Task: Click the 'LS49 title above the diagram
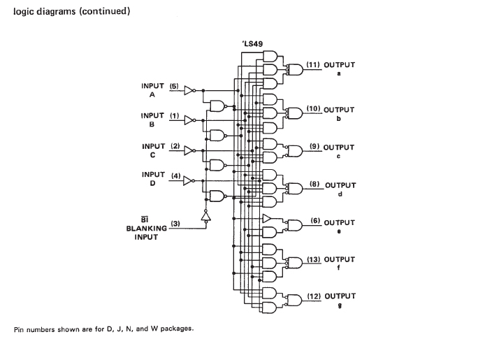pyautogui.click(x=253, y=44)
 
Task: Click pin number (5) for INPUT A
pyautogui.click(x=174, y=87)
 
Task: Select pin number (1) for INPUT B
pyautogui.click(x=174, y=116)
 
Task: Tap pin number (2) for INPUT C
pyautogui.click(x=174, y=147)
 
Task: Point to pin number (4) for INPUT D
pyautogui.click(x=174, y=175)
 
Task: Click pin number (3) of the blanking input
pyautogui.click(x=175, y=224)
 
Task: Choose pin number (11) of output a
pyautogui.click(x=313, y=65)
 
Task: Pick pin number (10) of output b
pyautogui.click(x=313, y=110)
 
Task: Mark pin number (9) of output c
pyautogui.click(x=313, y=147)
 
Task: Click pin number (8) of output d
pyautogui.click(x=314, y=185)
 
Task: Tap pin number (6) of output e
pyautogui.click(x=315, y=222)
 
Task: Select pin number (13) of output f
pyautogui.click(x=313, y=259)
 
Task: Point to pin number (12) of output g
pyautogui.click(x=313, y=296)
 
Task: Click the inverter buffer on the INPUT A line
pyautogui.click(x=189, y=90)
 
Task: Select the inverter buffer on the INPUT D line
pyautogui.click(x=189, y=180)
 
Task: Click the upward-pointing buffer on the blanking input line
pyautogui.click(x=206, y=217)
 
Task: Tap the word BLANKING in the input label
pyautogui.click(x=147, y=228)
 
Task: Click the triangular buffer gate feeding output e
pyautogui.click(x=268, y=219)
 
